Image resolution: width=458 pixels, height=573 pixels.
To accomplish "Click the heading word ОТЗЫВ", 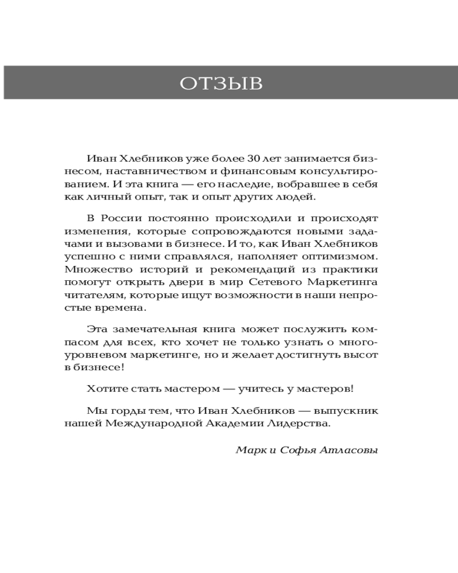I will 221,84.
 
